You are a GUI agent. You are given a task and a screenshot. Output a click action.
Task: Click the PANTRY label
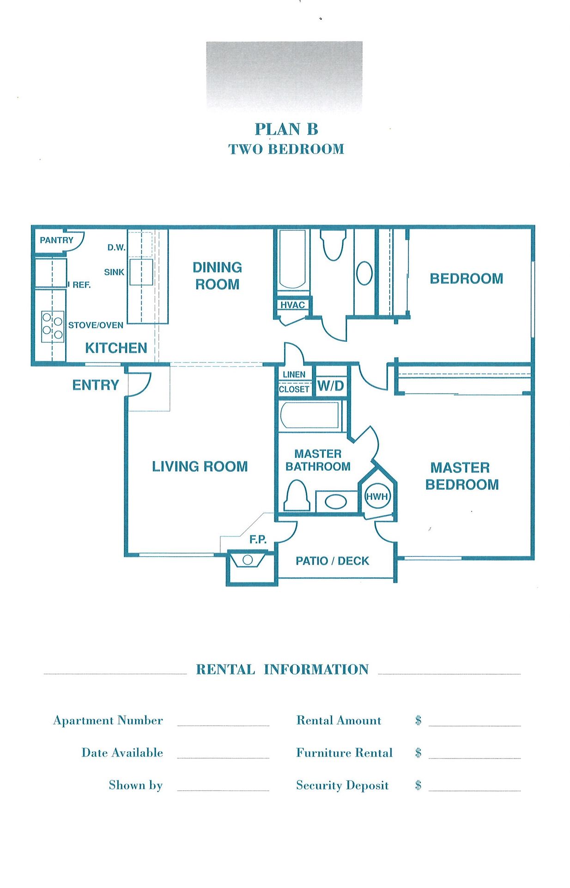[x=56, y=240]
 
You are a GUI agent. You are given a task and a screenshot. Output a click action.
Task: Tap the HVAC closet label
[x=292, y=305]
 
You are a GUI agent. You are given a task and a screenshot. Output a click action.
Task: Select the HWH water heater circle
[x=377, y=497]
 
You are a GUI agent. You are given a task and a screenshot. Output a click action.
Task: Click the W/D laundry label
[x=331, y=386]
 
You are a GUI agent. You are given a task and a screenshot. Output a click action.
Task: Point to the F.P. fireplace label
[x=258, y=539]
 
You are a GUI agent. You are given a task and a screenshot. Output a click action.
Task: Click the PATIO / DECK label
[x=332, y=561]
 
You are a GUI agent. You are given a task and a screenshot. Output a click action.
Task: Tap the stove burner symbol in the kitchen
[x=52, y=327]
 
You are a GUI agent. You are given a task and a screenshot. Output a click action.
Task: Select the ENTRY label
[x=96, y=385]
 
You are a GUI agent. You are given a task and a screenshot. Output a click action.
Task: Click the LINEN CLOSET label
[x=294, y=382]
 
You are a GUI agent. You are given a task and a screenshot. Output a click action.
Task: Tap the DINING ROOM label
[x=217, y=276]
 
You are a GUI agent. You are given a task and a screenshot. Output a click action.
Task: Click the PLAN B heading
[x=286, y=129]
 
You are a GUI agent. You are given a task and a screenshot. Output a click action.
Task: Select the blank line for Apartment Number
[x=223, y=726]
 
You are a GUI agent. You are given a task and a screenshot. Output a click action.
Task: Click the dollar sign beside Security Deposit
[x=418, y=785]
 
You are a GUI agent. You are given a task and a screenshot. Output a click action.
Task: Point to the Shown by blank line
[x=223, y=790]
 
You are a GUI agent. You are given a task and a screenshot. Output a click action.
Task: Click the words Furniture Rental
[x=344, y=752]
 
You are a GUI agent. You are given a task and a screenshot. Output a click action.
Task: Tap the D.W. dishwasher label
[x=116, y=247]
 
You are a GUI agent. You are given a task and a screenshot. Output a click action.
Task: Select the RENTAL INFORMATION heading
[x=282, y=669]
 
